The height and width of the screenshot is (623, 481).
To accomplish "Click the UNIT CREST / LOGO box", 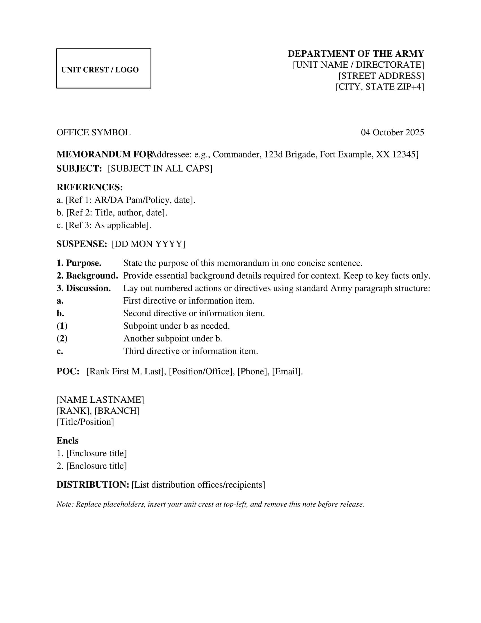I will (x=104, y=69).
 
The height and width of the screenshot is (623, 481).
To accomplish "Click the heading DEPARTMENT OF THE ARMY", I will (x=356, y=54).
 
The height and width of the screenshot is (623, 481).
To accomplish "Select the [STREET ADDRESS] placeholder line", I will (x=381, y=76).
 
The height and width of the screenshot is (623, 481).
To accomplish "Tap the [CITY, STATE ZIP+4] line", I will (x=379, y=87).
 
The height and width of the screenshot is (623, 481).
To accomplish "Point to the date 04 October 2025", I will (x=392, y=132).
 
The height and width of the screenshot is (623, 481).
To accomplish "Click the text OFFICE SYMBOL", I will (x=93, y=133).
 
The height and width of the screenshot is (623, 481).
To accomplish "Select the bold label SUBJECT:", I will (x=79, y=168).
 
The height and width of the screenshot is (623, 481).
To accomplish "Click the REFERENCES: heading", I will (x=89, y=187).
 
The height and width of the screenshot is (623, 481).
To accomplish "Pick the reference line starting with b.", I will (x=112, y=213).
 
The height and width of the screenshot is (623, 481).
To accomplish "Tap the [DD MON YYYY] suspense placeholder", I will (x=149, y=244).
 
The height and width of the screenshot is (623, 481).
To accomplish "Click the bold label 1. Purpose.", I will (x=79, y=263).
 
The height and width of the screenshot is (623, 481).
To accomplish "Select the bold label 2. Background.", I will (x=87, y=276).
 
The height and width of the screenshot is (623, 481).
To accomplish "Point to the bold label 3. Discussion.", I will (x=83, y=288).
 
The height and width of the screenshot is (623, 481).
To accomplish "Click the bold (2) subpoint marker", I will (x=62, y=339).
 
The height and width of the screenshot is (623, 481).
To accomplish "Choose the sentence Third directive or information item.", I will (x=190, y=351).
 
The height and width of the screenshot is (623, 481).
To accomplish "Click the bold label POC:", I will (x=68, y=372).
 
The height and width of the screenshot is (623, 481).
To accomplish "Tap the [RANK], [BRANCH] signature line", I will (x=98, y=411).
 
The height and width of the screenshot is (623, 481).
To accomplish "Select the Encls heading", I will (x=68, y=441).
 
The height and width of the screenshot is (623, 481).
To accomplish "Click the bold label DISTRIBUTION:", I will (x=93, y=485).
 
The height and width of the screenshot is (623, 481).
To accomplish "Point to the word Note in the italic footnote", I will (x=65, y=504).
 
